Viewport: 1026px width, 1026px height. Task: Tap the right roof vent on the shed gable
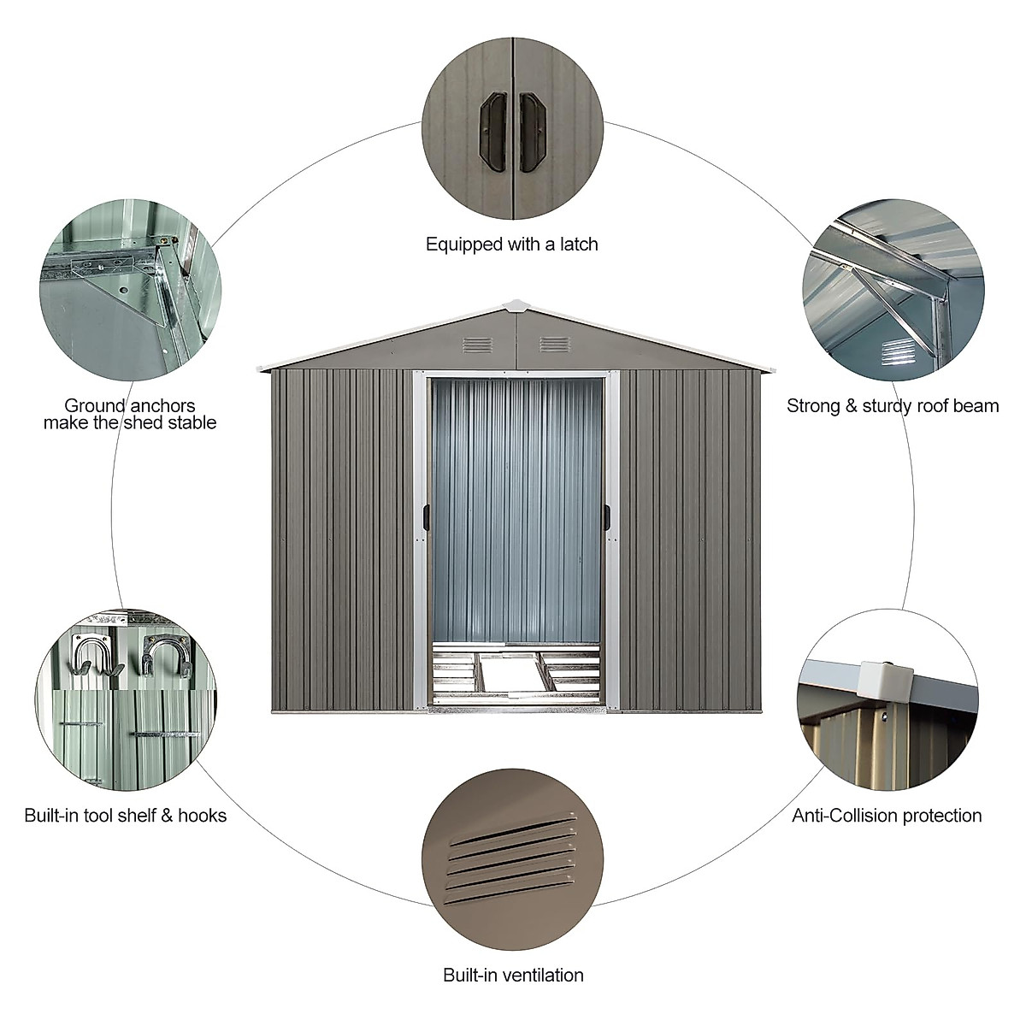[555, 345]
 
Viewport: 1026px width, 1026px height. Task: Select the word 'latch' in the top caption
[576, 245]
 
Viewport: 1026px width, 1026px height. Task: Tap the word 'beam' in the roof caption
[972, 405]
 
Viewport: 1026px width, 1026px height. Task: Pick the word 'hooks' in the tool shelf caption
[202, 816]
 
